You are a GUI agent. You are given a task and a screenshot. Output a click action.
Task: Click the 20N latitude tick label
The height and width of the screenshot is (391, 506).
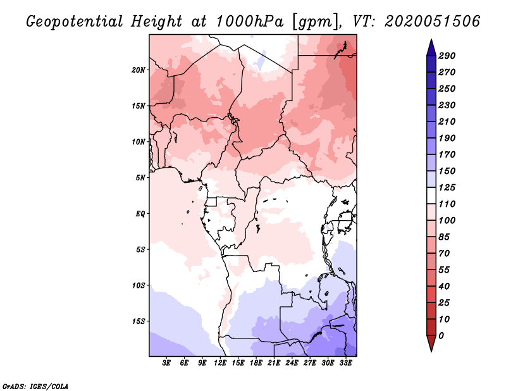point(139,70)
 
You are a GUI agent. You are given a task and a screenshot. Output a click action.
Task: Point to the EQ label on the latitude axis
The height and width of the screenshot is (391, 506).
point(140,214)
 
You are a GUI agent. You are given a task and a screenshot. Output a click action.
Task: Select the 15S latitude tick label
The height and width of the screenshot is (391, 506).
point(139,321)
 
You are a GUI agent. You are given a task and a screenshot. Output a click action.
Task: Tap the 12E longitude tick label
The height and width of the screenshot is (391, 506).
point(219,363)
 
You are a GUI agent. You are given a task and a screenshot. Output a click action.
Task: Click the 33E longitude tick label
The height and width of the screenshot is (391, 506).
point(345,363)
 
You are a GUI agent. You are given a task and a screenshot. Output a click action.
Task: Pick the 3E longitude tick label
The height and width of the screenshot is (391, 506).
point(166,363)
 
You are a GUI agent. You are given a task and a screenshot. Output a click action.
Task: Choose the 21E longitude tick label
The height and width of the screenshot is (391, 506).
point(274,363)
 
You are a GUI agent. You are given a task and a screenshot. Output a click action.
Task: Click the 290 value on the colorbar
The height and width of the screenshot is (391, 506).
point(447,56)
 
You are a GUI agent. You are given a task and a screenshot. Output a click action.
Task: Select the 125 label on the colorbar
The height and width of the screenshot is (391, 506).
point(447,187)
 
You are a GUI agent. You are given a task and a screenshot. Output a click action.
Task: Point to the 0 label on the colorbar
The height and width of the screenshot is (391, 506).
point(441,336)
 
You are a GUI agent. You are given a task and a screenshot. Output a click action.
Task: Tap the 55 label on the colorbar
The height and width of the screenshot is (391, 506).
point(444,270)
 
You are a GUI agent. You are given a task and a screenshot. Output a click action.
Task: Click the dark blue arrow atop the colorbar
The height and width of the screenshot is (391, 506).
point(431,47)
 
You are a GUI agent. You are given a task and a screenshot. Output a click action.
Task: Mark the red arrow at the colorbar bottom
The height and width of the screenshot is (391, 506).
point(431,343)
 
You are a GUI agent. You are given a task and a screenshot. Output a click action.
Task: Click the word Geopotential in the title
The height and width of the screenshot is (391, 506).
point(75,22)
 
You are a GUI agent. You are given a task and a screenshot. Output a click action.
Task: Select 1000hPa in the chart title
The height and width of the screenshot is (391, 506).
point(250,22)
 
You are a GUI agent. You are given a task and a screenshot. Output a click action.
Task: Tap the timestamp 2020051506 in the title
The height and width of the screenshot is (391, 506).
point(433,22)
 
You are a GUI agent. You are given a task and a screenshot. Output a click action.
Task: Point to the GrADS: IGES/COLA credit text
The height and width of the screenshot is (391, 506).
point(35,386)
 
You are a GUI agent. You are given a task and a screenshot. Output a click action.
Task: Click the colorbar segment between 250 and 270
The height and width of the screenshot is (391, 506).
point(431,81)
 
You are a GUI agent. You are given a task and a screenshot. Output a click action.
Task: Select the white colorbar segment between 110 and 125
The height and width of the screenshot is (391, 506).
point(431,196)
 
